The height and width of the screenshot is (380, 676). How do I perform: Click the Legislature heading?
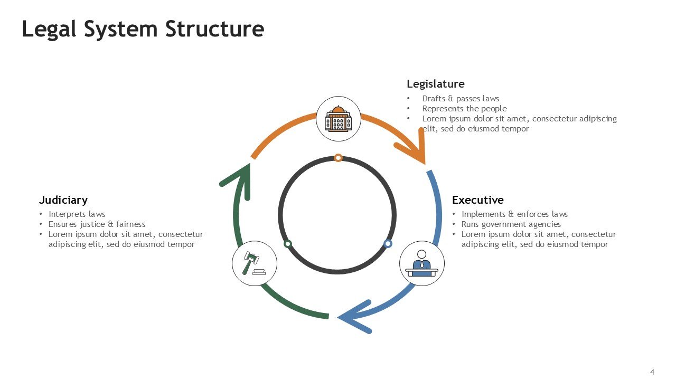pos(435,84)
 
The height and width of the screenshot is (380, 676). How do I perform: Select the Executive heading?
pos(477,200)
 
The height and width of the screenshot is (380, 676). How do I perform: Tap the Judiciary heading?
pos(63,200)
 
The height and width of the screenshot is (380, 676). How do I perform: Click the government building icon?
pos(338,119)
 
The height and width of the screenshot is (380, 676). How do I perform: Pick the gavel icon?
pos(255,263)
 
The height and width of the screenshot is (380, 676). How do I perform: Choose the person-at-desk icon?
pos(421,263)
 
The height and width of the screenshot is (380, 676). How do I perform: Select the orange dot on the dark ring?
pos(338,158)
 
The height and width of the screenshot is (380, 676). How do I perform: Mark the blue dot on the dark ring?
pos(388,243)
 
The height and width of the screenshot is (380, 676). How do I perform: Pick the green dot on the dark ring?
pos(288,244)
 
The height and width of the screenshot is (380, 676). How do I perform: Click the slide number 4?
pos(652,372)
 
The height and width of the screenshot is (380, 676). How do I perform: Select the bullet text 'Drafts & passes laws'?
pos(460,99)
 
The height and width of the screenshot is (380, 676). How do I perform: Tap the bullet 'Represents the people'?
pos(464,109)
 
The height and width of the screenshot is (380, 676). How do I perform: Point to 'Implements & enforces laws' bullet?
pos(514,214)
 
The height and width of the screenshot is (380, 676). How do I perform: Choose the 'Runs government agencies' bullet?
pos(511,224)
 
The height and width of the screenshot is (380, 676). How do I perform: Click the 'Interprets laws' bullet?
pos(77,214)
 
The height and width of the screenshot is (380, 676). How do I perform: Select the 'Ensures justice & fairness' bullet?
pos(97,224)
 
